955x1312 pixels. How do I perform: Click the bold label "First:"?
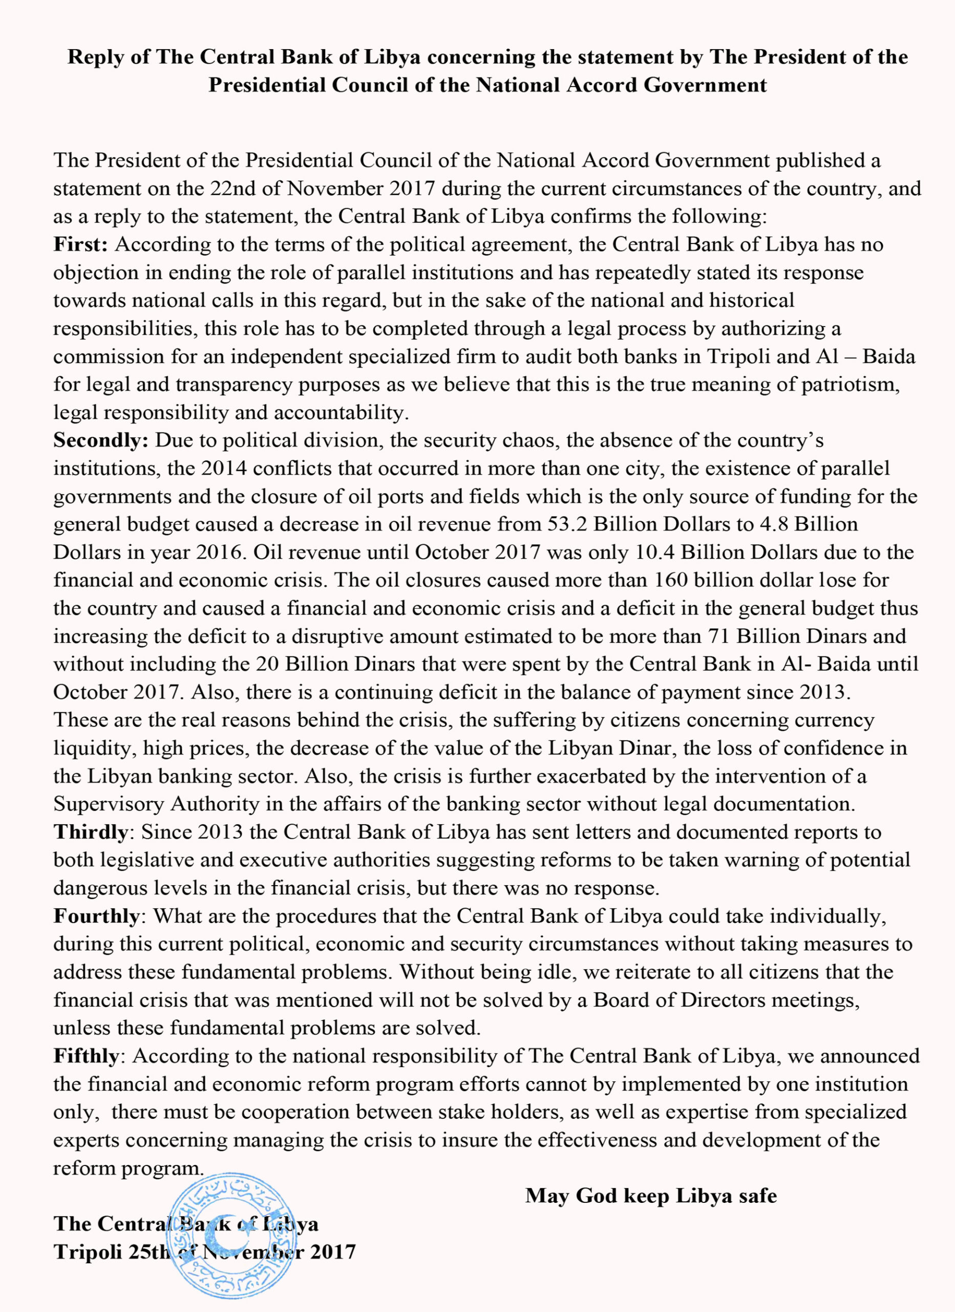click(x=80, y=244)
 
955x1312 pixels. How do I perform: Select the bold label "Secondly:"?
click(x=101, y=440)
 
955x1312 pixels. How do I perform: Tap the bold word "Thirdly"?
click(x=90, y=832)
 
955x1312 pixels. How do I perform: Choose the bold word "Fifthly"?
click(x=86, y=1056)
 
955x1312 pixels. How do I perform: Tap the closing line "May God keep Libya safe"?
click(x=651, y=1195)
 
